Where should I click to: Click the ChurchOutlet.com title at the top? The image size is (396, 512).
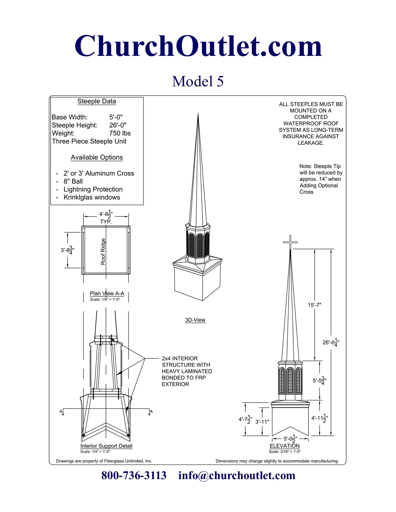pos(198,46)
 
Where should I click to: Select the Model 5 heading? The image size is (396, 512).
pos(198,81)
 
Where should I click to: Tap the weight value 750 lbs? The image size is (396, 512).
pos(120,133)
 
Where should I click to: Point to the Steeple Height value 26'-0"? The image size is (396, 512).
pos(118,125)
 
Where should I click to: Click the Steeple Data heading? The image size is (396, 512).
pos(97,101)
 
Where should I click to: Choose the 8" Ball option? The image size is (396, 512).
pos(73,182)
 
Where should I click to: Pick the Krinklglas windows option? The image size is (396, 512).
pos(92,198)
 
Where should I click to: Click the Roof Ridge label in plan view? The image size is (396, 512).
pos(103,251)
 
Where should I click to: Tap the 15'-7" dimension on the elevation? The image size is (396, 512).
pos(314,305)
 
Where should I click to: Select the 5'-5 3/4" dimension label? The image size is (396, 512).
pos(319,380)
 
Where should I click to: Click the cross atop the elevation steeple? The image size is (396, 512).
pos(290,242)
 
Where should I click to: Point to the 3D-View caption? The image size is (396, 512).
pos(195,320)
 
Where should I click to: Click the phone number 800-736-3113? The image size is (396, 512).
pos(134,475)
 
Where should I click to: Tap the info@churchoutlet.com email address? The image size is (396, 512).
pos(237,475)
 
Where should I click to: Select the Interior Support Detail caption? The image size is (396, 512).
pos(106,446)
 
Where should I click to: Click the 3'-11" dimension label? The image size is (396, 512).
pos(262,422)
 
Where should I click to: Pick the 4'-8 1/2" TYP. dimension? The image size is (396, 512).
pos(106,217)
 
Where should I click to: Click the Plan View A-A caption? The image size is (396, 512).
pos(107,294)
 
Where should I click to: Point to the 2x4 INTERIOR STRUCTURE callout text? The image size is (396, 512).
pos(187,371)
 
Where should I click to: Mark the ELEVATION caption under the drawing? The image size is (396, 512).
pos(284,446)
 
